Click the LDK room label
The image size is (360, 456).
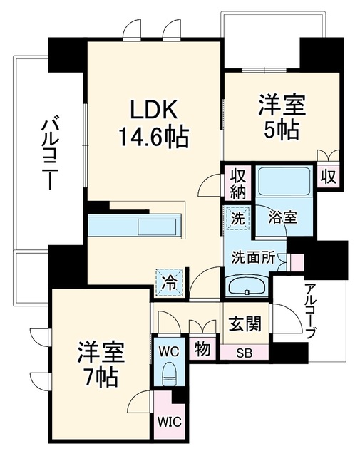154,109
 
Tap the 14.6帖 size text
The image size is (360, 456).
153,138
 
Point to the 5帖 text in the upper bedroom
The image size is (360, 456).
281,130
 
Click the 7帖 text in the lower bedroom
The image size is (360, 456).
98,377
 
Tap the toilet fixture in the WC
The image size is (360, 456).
170,374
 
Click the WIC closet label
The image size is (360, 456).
170,421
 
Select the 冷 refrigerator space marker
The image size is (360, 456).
170,282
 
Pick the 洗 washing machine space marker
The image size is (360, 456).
238,218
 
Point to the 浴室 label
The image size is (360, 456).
282,217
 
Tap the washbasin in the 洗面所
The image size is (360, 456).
247,286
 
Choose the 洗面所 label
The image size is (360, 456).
253,257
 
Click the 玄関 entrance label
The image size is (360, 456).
245,323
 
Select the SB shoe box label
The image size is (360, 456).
245,353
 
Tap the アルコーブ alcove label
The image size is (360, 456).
309,312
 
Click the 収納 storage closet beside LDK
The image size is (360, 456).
238,184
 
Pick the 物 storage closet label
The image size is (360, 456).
202,348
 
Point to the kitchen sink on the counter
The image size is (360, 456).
157,227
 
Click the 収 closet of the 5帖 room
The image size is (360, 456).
329,177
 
